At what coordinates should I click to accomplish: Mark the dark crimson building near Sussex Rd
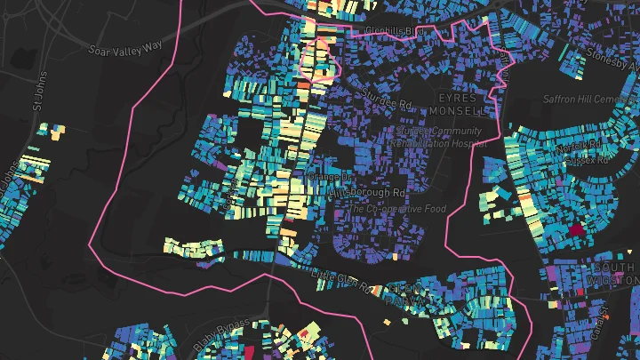(x=578, y=229)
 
